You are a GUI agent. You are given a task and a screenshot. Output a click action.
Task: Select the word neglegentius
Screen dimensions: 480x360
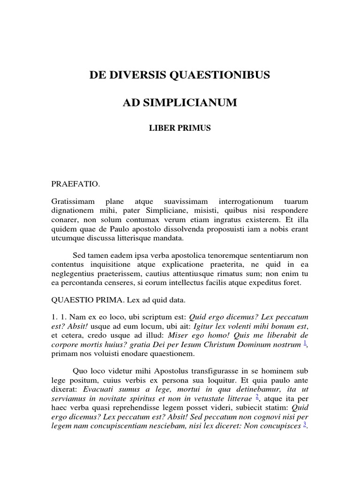[73, 274]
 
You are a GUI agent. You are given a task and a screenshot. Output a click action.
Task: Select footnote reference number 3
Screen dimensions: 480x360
[305, 425]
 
